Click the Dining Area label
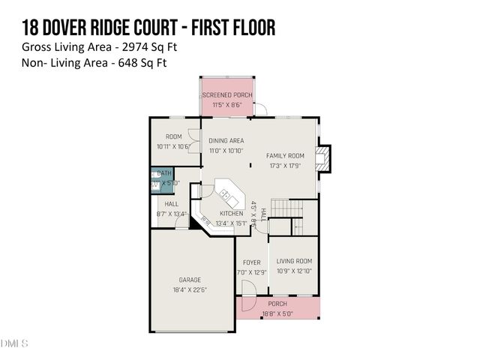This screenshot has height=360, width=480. point(226,140)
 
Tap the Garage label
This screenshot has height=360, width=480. point(190,280)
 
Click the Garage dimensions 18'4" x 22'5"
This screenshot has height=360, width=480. point(190,289)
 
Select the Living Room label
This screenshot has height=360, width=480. point(294,261)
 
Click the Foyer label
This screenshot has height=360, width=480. point(251,262)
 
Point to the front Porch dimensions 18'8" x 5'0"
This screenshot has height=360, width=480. point(277,313)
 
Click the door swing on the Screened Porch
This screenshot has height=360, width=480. point(260,110)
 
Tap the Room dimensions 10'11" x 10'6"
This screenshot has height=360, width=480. point(172,146)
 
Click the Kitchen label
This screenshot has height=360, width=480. point(231,214)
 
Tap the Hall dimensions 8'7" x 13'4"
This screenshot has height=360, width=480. point(172,214)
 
